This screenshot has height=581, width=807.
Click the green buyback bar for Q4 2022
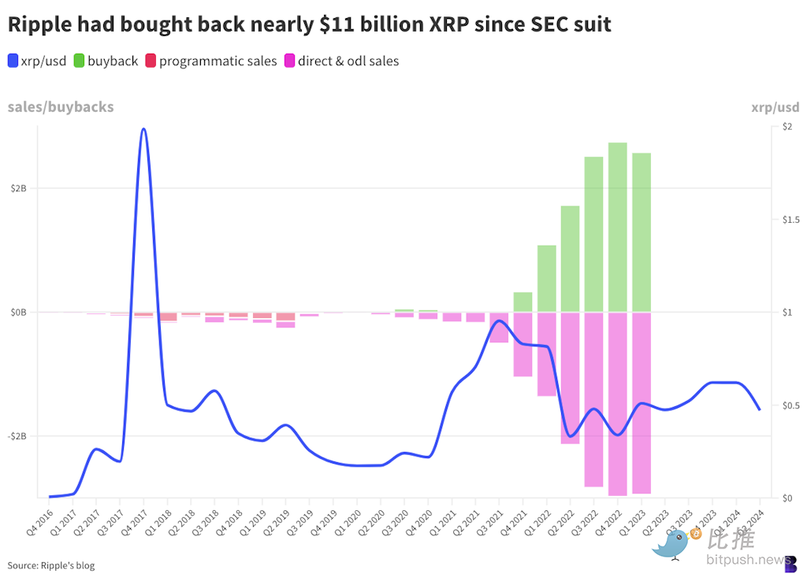click(617, 228)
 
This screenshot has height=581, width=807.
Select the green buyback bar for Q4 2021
click(523, 302)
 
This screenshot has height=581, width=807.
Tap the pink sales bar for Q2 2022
click(570, 378)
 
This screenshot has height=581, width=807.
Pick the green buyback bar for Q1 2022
click(546, 279)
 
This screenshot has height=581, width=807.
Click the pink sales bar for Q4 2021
click(523, 345)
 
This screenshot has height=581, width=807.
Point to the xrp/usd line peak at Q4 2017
click(143, 129)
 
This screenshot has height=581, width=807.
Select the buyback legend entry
click(106, 61)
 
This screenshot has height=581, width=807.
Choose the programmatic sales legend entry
click(210, 61)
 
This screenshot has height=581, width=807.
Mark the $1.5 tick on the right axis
click(785, 219)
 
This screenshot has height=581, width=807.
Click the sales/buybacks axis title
click(61, 107)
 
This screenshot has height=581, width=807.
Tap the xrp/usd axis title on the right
click(774, 107)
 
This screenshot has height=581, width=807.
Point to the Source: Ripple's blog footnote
click(51, 565)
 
